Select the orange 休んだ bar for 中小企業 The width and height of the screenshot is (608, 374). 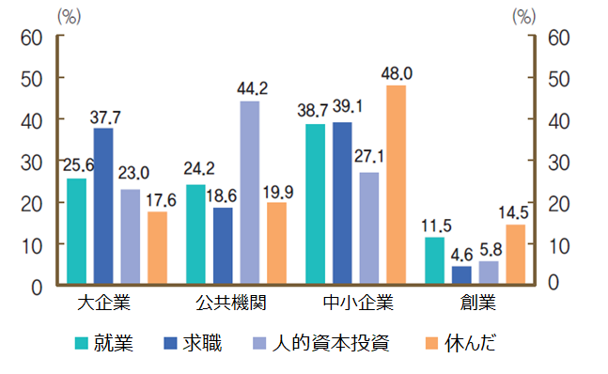(x=395, y=184)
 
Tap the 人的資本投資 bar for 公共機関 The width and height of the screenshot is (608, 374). (x=250, y=192)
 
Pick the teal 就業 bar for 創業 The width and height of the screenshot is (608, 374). (x=434, y=260)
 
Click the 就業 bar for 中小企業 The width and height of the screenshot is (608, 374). (x=315, y=203)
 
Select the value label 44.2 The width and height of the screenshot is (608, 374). (x=250, y=89)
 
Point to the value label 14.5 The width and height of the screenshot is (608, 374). (x=516, y=212)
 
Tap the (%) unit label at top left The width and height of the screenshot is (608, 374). (x=70, y=16)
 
